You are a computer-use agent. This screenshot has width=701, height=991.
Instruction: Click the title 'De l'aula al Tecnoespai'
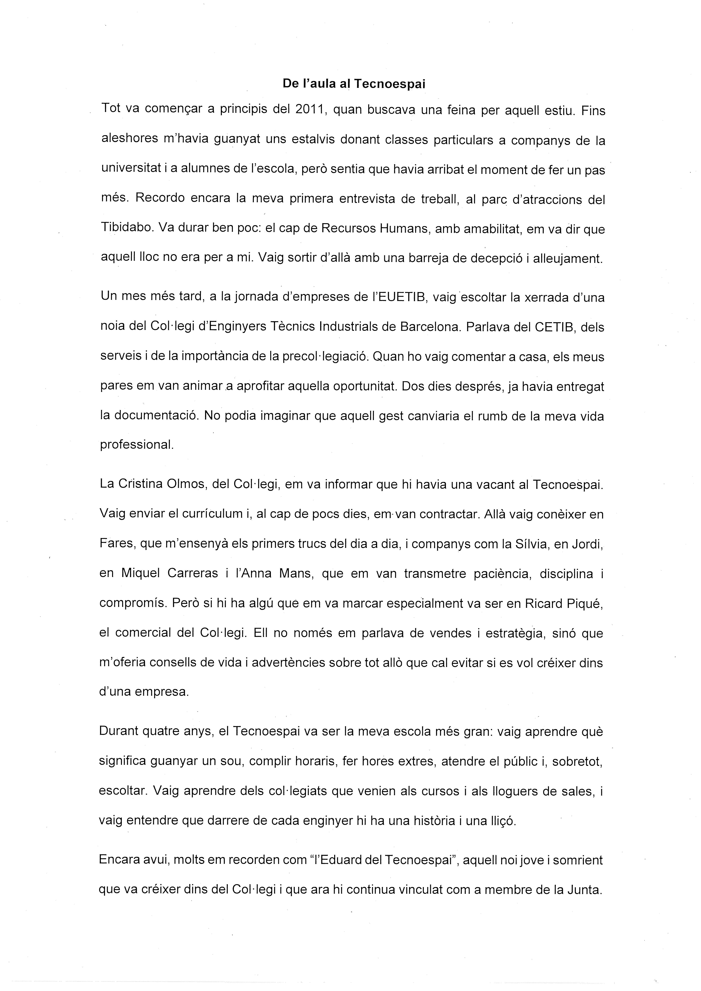point(354,84)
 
